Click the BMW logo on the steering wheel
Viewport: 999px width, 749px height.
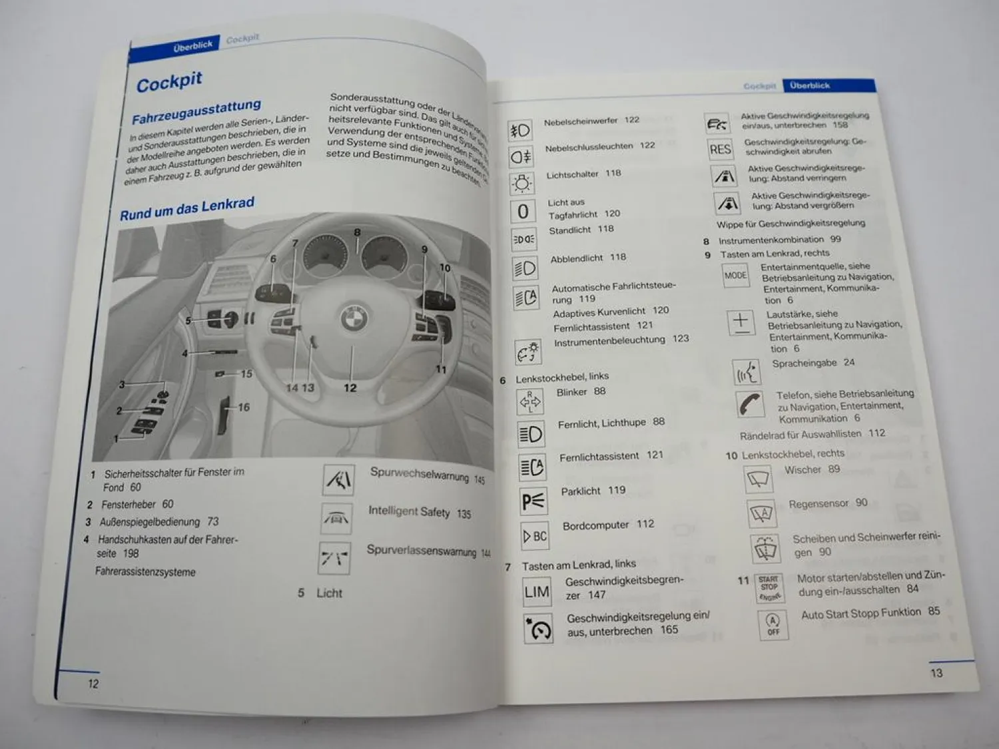(x=354, y=318)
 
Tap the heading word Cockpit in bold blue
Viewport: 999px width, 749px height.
(x=169, y=82)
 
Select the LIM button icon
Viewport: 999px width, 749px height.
(x=537, y=592)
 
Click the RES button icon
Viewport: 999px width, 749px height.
(x=720, y=149)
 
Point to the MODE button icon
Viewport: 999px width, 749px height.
(x=735, y=275)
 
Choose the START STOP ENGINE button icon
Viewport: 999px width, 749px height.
(x=769, y=588)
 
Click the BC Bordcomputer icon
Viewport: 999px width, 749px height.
(x=535, y=536)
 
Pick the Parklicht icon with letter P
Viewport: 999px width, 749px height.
(x=533, y=501)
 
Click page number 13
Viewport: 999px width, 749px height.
(x=936, y=673)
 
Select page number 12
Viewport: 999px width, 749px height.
(x=93, y=683)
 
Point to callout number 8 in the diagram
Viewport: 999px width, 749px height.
(x=358, y=232)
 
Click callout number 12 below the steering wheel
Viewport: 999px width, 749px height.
(x=350, y=387)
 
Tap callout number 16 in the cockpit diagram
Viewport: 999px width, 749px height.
(x=244, y=407)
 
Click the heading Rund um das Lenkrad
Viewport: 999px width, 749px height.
(x=187, y=209)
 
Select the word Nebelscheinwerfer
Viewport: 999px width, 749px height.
(x=581, y=121)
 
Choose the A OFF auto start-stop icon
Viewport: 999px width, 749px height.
(x=773, y=624)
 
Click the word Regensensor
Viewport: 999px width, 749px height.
(x=818, y=504)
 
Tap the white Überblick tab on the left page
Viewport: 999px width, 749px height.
(x=192, y=46)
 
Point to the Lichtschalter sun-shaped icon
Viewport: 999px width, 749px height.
(x=521, y=184)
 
